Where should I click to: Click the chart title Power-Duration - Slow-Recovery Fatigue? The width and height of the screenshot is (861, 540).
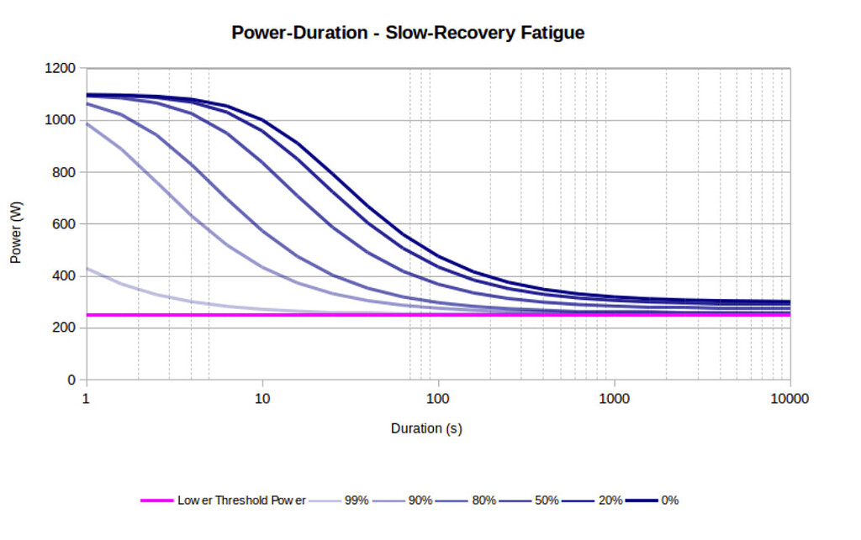[408, 34]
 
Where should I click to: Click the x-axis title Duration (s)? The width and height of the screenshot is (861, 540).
[426, 428]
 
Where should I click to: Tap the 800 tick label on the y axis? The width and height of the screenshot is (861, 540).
[64, 172]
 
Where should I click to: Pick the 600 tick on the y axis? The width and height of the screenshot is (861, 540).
[64, 224]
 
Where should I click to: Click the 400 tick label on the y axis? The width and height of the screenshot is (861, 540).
[64, 275]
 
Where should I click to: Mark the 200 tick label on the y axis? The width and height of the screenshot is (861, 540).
[64, 328]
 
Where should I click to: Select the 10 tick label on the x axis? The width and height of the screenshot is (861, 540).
[262, 399]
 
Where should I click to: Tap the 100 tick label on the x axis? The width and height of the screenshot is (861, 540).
[438, 399]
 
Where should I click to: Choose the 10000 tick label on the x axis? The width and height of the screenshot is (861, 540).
[790, 399]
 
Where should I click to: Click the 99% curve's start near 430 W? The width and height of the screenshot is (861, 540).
[87, 269]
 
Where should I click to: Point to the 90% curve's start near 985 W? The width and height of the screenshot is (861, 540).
[87, 124]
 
